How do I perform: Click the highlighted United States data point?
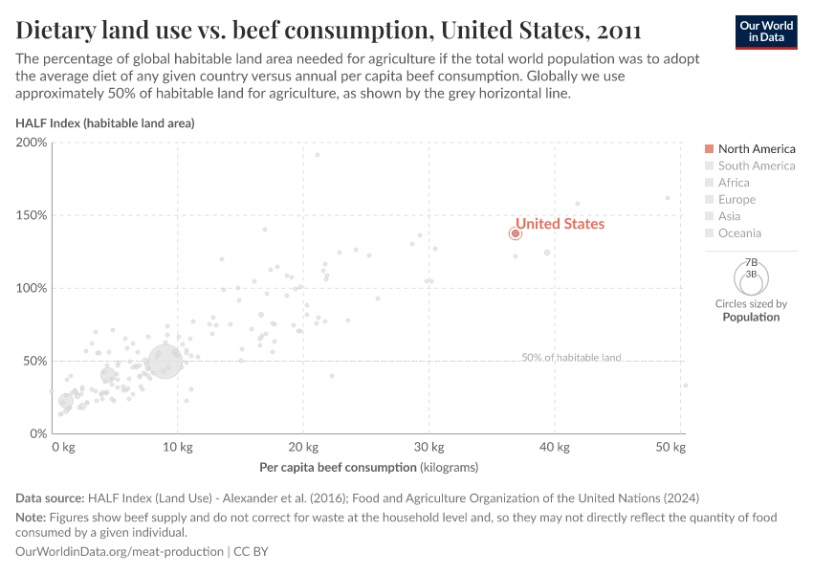[x=515, y=232]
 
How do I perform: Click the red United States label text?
[x=560, y=224]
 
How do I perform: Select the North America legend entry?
[x=756, y=149]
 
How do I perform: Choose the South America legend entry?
[x=756, y=166]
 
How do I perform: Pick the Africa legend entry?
[x=734, y=183]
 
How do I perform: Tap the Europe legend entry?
[x=736, y=199]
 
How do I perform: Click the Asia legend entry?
[x=729, y=216]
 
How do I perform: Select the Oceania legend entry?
[x=739, y=233]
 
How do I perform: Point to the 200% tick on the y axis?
[x=32, y=143]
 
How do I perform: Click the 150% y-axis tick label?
[x=32, y=215]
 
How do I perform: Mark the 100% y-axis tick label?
[x=32, y=288]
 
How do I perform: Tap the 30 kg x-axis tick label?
[x=428, y=447]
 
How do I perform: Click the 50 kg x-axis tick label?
[x=672, y=447]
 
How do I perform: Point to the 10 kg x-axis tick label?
[x=177, y=447]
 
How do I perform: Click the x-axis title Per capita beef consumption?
[x=368, y=468]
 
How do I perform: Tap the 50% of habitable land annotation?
[x=571, y=358]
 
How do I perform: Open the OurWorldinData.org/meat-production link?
[x=121, y=552]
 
